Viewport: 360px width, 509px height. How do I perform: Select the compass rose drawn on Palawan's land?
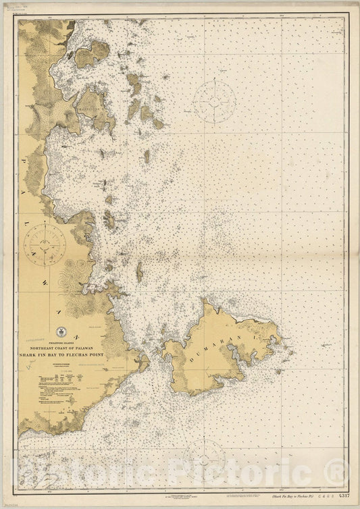pos(45,244)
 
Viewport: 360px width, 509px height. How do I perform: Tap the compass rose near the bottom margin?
pos(203,458)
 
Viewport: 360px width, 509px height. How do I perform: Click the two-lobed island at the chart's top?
pos(92,54)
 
